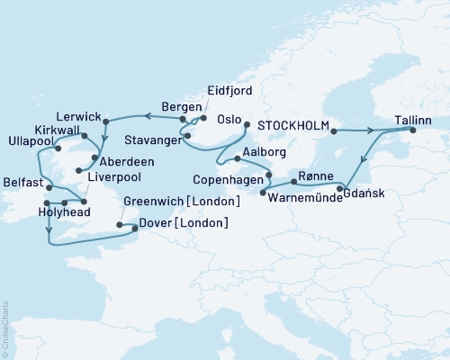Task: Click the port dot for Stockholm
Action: pos(334,131)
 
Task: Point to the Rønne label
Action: pos(319,175)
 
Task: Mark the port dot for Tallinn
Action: pos(415,131)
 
